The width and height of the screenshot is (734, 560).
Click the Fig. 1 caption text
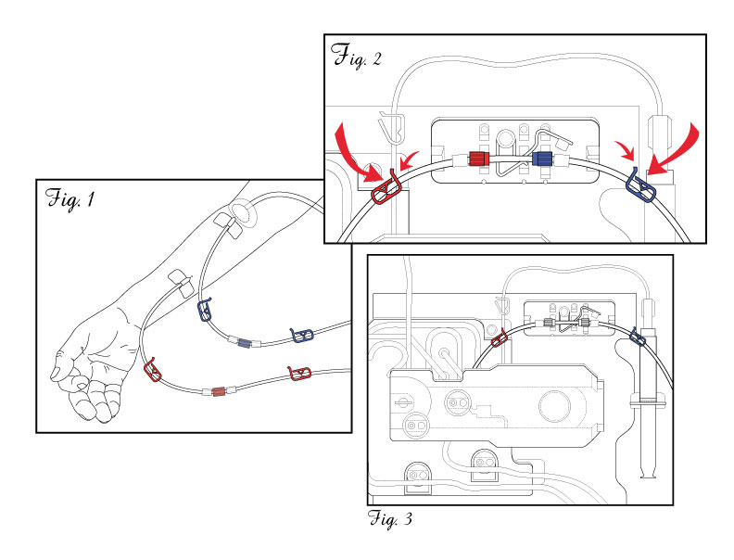tap(70, 197)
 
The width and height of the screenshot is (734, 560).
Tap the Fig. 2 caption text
tap(356, 55)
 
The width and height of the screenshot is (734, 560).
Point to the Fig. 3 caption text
tap(389, 518)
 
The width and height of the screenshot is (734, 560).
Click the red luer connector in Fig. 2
tap(478, 159)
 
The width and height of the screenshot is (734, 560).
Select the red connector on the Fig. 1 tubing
tap(219, 390)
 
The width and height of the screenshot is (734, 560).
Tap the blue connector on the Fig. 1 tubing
tap(244, 343)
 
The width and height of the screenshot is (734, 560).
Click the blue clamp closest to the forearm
tap(206, 312)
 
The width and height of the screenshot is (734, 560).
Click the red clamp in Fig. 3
tap(499, 337)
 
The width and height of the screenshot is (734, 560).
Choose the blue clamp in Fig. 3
tap(637, 337)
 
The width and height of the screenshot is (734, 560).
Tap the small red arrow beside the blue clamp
tap(624, 151)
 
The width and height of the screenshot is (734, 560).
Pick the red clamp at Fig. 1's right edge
tap(297, 373)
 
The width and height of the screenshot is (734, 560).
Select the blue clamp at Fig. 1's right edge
tap(303, 334)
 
